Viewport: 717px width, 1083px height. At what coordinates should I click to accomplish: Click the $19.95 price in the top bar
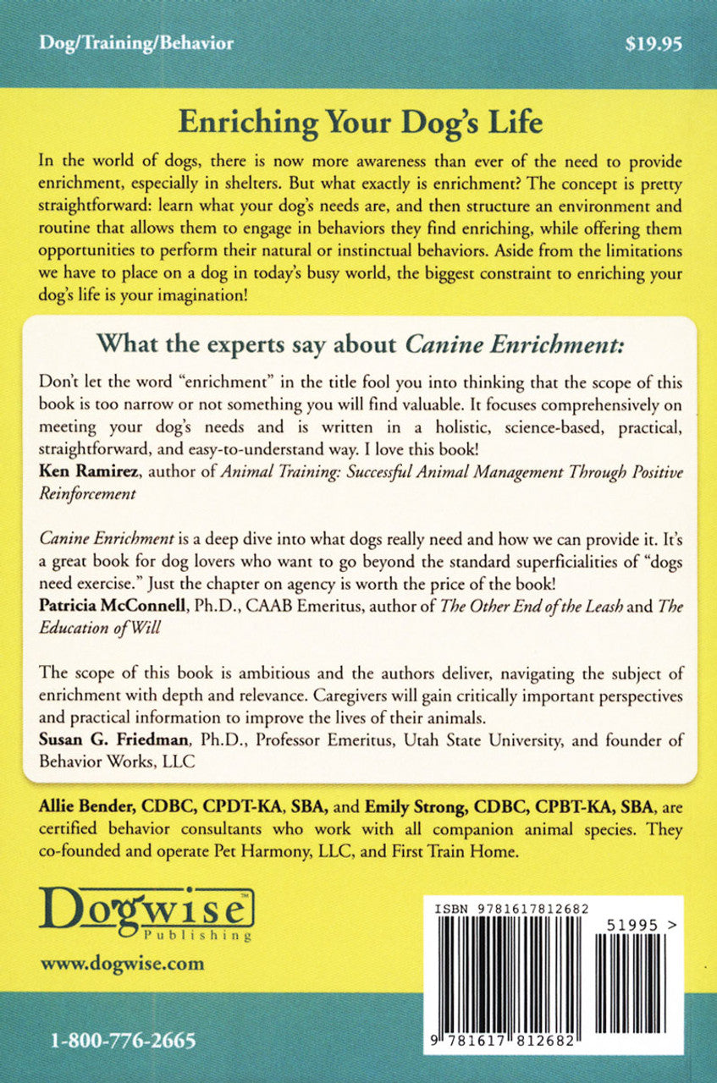[653, 44]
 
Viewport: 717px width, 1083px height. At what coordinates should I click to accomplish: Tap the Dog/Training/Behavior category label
[135, 44]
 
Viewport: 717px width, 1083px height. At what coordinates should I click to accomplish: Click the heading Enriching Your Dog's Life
[360, 124]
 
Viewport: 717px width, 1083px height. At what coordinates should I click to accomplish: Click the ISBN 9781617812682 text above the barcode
[510, 907]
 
